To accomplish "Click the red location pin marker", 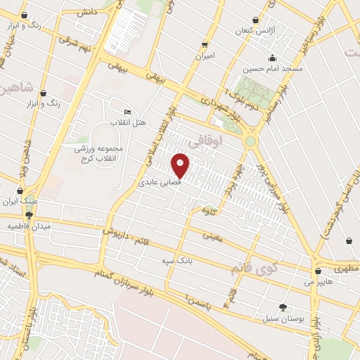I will point(181,165).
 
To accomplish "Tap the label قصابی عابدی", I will point(158,182).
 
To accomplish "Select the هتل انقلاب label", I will point(130,123).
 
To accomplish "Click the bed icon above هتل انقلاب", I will point(127,112).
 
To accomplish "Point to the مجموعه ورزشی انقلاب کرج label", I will point(98,152).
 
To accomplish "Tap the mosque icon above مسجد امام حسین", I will point(272,58).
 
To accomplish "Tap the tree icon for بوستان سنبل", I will point(283,307).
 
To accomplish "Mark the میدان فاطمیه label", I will point(26,226).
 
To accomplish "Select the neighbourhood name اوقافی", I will point(226,141).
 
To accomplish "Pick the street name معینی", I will point(212,237).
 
